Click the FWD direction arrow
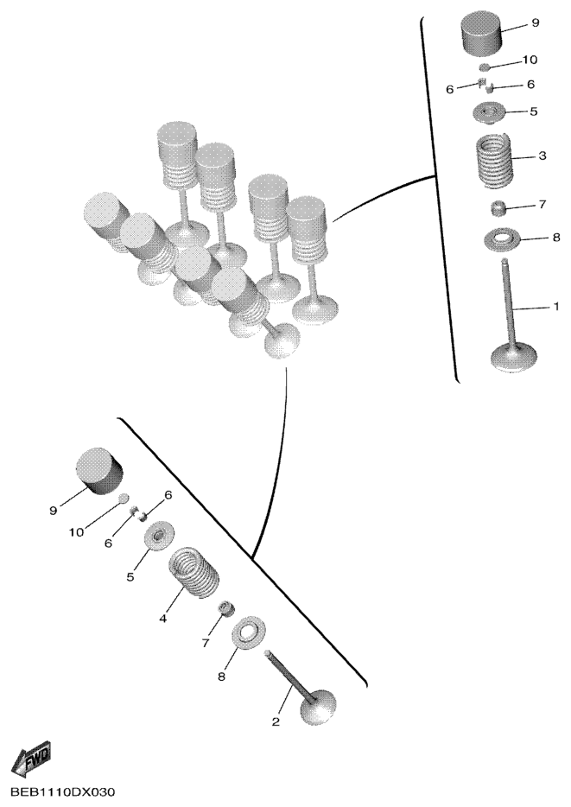click(32, 759)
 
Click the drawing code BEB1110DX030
click(63, 791)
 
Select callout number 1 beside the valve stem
click(555, 307)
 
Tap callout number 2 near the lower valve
click(276, 721)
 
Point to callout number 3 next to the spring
click(542, 156)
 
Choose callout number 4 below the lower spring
click(163, 620)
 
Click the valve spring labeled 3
click(494, 159)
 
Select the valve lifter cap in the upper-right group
click(480, 34)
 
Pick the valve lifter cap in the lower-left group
click(100, 470)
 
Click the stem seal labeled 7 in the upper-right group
click(498, 209)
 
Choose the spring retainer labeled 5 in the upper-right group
click(489, 112)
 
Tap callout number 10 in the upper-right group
click(530, 60)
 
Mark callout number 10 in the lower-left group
click(76, 532)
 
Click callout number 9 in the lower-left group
click(53, 511)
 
